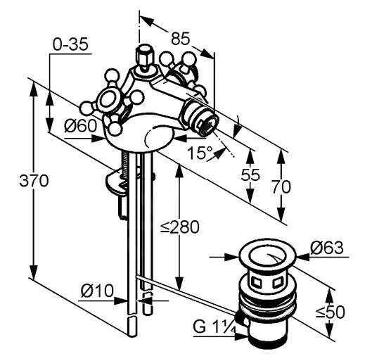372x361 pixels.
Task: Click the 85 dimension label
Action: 181,38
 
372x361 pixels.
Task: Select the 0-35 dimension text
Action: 70,44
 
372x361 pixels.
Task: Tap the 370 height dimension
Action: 34,180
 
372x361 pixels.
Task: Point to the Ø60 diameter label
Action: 81,125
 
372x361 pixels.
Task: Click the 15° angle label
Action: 200,153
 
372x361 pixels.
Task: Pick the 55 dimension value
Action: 250,175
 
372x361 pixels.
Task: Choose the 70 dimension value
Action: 281,186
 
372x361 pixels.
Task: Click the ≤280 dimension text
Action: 179,227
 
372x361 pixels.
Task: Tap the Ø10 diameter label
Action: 97,291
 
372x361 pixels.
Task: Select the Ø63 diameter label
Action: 327,248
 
